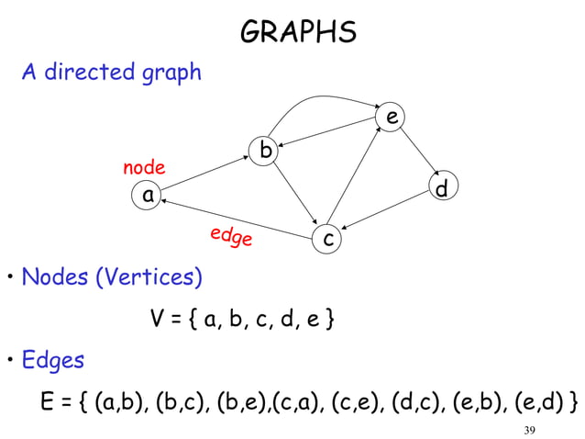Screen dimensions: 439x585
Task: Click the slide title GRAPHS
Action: click(298, 33)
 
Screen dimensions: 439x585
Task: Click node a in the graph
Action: click(145, 195)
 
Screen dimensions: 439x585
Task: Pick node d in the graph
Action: click(442, 189)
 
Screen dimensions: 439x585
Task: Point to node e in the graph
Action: click(392, 118)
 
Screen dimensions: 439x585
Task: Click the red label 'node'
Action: click(144, 167)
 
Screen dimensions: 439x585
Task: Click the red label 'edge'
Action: click(230, 237)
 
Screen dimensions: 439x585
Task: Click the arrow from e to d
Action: click(417, 152)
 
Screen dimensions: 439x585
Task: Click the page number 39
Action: click(529, 432)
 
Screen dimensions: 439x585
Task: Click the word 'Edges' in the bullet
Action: click(52, 360)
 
